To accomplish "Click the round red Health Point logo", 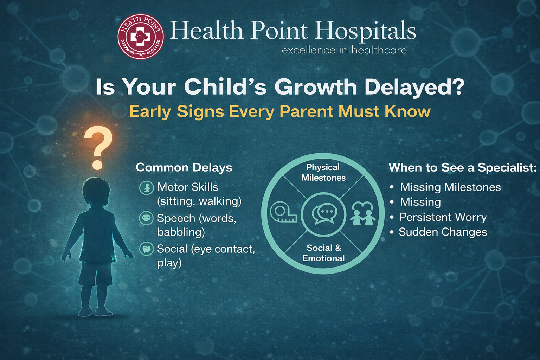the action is point(141,37).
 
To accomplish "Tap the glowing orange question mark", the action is point(98,148).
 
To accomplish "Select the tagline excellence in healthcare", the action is point(344,50).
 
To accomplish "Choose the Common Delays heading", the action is point(184,168).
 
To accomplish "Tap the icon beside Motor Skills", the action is point(147,188).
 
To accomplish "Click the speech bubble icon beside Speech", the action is point(146,218).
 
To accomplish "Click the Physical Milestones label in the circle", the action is point(323,172).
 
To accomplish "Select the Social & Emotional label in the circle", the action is point(323,253).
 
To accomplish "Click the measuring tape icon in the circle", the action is point(283,212).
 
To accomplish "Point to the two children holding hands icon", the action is point(362,213).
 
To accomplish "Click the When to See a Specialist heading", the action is point(463,168).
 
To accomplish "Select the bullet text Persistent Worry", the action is point(443,217).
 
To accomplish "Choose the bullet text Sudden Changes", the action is point(443,232).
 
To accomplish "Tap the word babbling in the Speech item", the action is point(181,232).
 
